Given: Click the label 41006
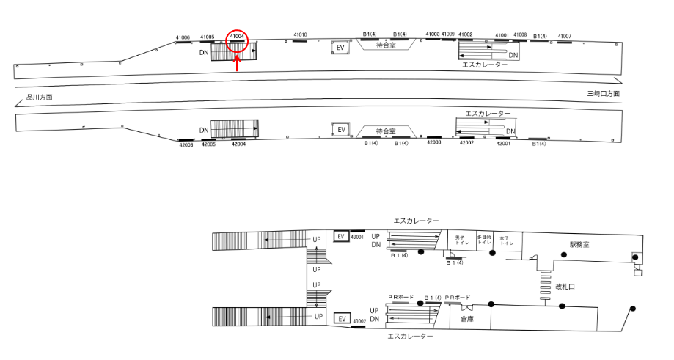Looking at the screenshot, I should pyautogui.click(x=183, y=37).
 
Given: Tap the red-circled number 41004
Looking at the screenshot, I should pyautogui.click(x=237, y=35).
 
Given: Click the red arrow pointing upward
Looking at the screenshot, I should pyautogui.click(x=237, y=64).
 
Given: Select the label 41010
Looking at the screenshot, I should pyautogui.click(x=300, y=34).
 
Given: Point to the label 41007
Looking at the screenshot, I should pyautogui.click(x=564, y=36).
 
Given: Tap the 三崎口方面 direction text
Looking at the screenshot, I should pyautogui.click(x=603, y=94).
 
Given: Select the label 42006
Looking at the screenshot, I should pyautogui.click(x=186, y=145).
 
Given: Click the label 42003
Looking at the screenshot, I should pyautogui.click(x=433, y=142).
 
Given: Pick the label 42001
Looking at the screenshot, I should pyautogui.click(x=503, y=144).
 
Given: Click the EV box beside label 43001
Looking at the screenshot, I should pyautogui.click(x=340, y=237).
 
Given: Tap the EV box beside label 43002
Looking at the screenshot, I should pyautogui.click(x=340, y=319).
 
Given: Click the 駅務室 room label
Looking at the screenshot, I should pyautogui.click(x=579, y=244).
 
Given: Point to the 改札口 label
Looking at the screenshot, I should pyautogui.click(x=565, y=287).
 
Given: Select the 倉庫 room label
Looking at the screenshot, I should pyautogui.click(x=466, y=319).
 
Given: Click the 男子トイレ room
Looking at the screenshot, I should pyautogui.click(x=461, y=240).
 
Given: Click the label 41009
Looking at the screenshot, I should pyautogui.click(x=448, y=34).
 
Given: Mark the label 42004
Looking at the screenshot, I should pyautogui.click(x=238, y=144).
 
